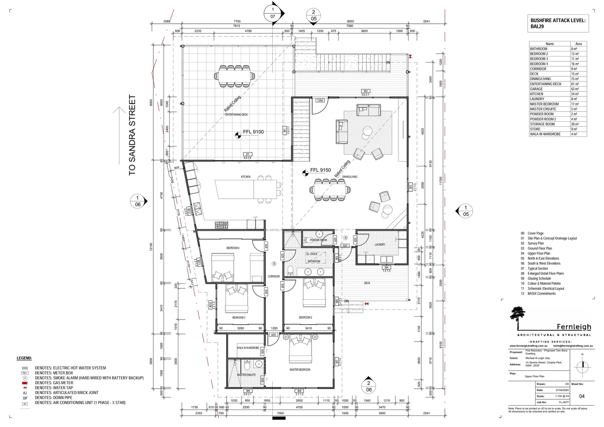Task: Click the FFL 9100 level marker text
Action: (253, 132)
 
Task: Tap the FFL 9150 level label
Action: (320, 170)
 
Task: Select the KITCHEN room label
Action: (245, 177)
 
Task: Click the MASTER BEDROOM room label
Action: (300, 370)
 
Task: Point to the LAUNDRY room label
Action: (379, 245)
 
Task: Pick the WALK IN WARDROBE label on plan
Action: (248, 348)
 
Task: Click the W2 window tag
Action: (366, 91)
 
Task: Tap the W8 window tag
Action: (299, 391)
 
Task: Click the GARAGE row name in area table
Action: (536, 89)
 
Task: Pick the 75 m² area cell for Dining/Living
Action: (574, 79)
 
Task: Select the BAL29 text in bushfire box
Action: (538, 27)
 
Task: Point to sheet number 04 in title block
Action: (581, 396)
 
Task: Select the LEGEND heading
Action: (24, 358)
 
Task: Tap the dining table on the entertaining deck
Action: (235, 75)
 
